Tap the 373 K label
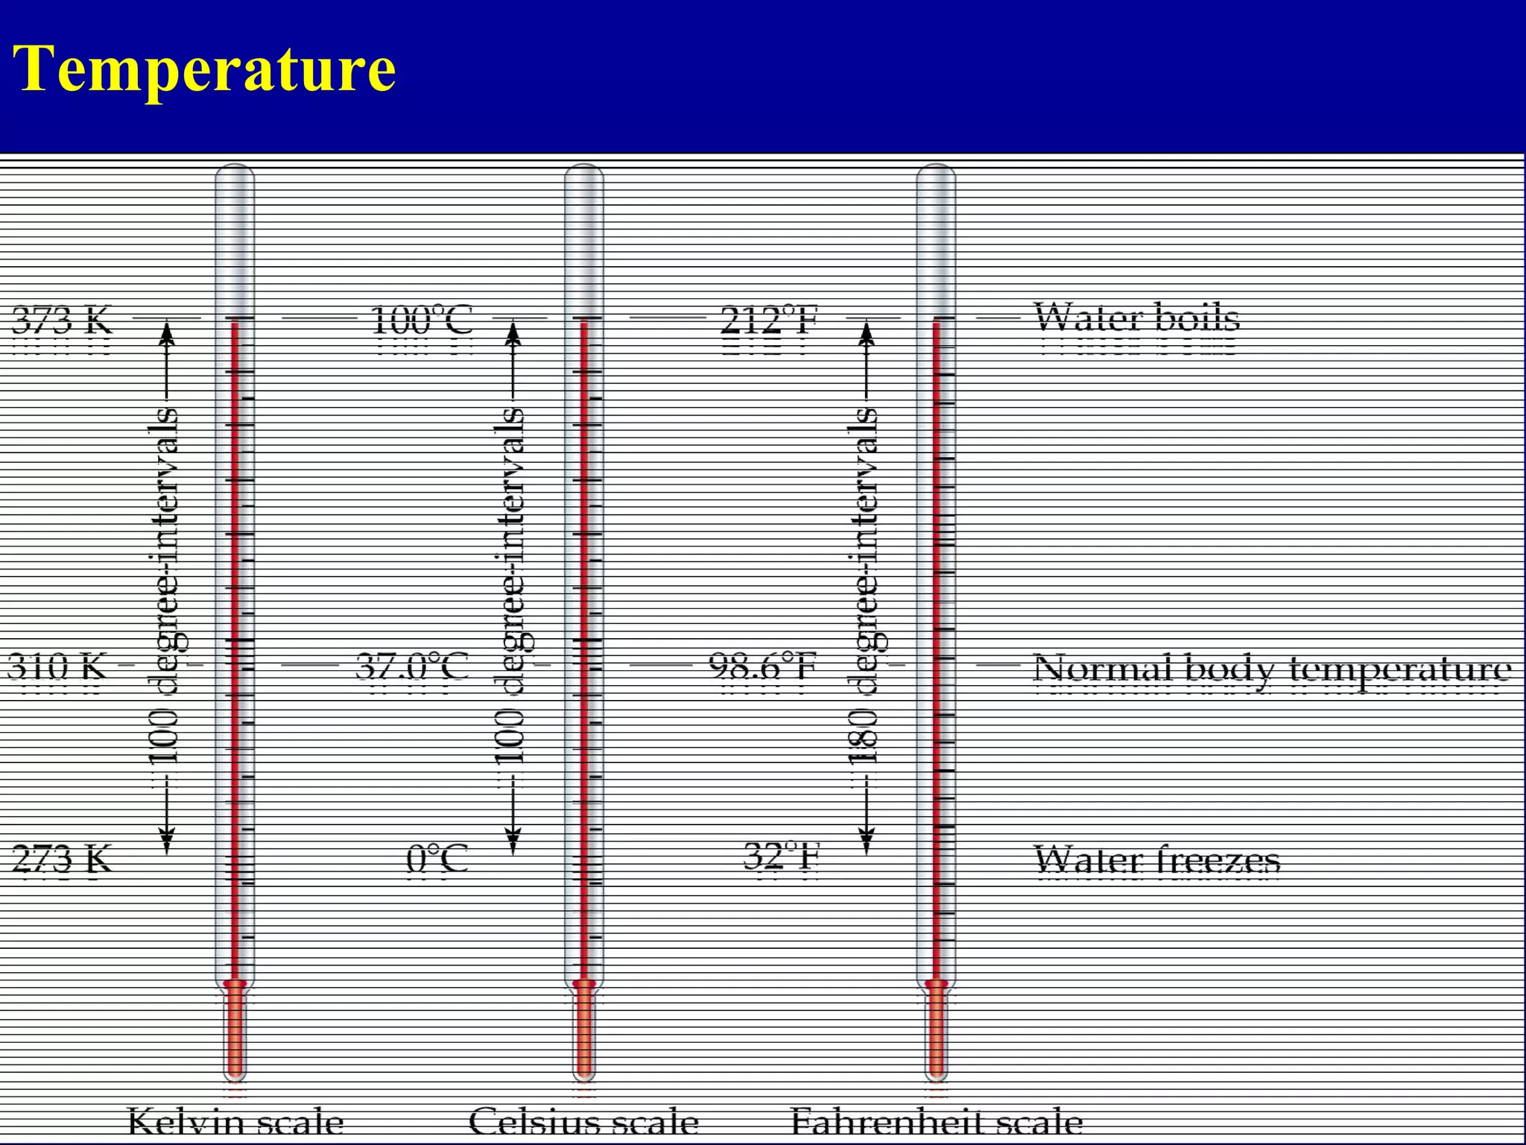[x=63, y=321]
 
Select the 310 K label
[x=57, y=666]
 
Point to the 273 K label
[x=63, y=859]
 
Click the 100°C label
[x=422, y=321]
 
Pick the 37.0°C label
[x=412, y=666]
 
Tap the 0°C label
[x=437, y=859]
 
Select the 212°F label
[x=770, y=321]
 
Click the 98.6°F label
[x=762, y=666]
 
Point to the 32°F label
[x=782, y=857]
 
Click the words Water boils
[x=1137, y=318]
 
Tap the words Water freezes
[x=1157, y=860]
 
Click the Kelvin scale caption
[x=235, y=1123]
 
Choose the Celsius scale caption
[x=583, y=1123]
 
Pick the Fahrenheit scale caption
[x=937, y=1123]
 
